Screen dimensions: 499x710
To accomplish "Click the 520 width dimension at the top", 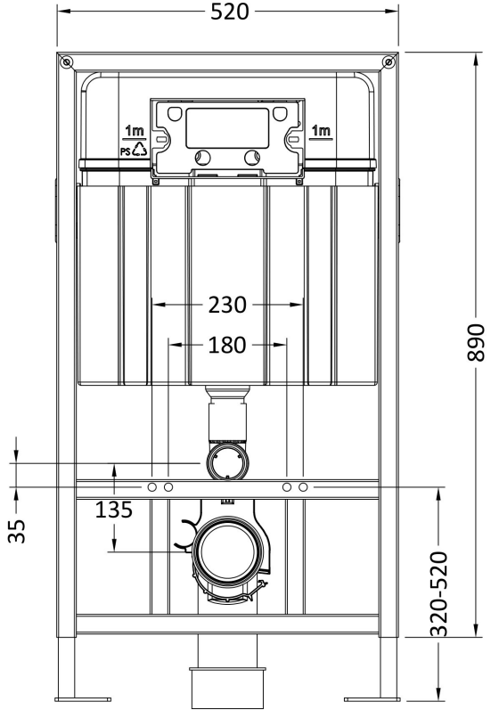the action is (230, 12).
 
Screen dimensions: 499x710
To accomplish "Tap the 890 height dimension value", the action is (476, 342).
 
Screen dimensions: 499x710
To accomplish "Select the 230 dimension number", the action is (227, 305).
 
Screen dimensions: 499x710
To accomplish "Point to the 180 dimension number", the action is (227, 345).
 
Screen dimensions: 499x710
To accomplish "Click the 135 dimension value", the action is (114, 510).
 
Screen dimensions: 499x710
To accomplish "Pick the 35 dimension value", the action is (17, 531).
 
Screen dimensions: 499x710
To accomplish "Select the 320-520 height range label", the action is (438, 593).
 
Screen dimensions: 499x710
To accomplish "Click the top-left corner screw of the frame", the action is (67, 61).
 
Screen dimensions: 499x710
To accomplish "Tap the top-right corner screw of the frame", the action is (388, 61).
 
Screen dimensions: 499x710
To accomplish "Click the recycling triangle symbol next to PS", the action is (140, 149).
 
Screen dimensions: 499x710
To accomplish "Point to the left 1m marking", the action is (135, 131).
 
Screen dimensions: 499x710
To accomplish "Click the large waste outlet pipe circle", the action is (228, 549).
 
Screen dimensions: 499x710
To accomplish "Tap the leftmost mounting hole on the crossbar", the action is (152, 487).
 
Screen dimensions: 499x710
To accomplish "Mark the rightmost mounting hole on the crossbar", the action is (303, 487).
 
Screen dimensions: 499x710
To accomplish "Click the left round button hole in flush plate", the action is (203, 158).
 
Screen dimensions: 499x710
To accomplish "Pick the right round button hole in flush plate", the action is (252, 158).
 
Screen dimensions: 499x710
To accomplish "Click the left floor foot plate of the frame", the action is (83, 699).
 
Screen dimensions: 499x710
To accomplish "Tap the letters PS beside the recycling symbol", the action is (126, 151).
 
